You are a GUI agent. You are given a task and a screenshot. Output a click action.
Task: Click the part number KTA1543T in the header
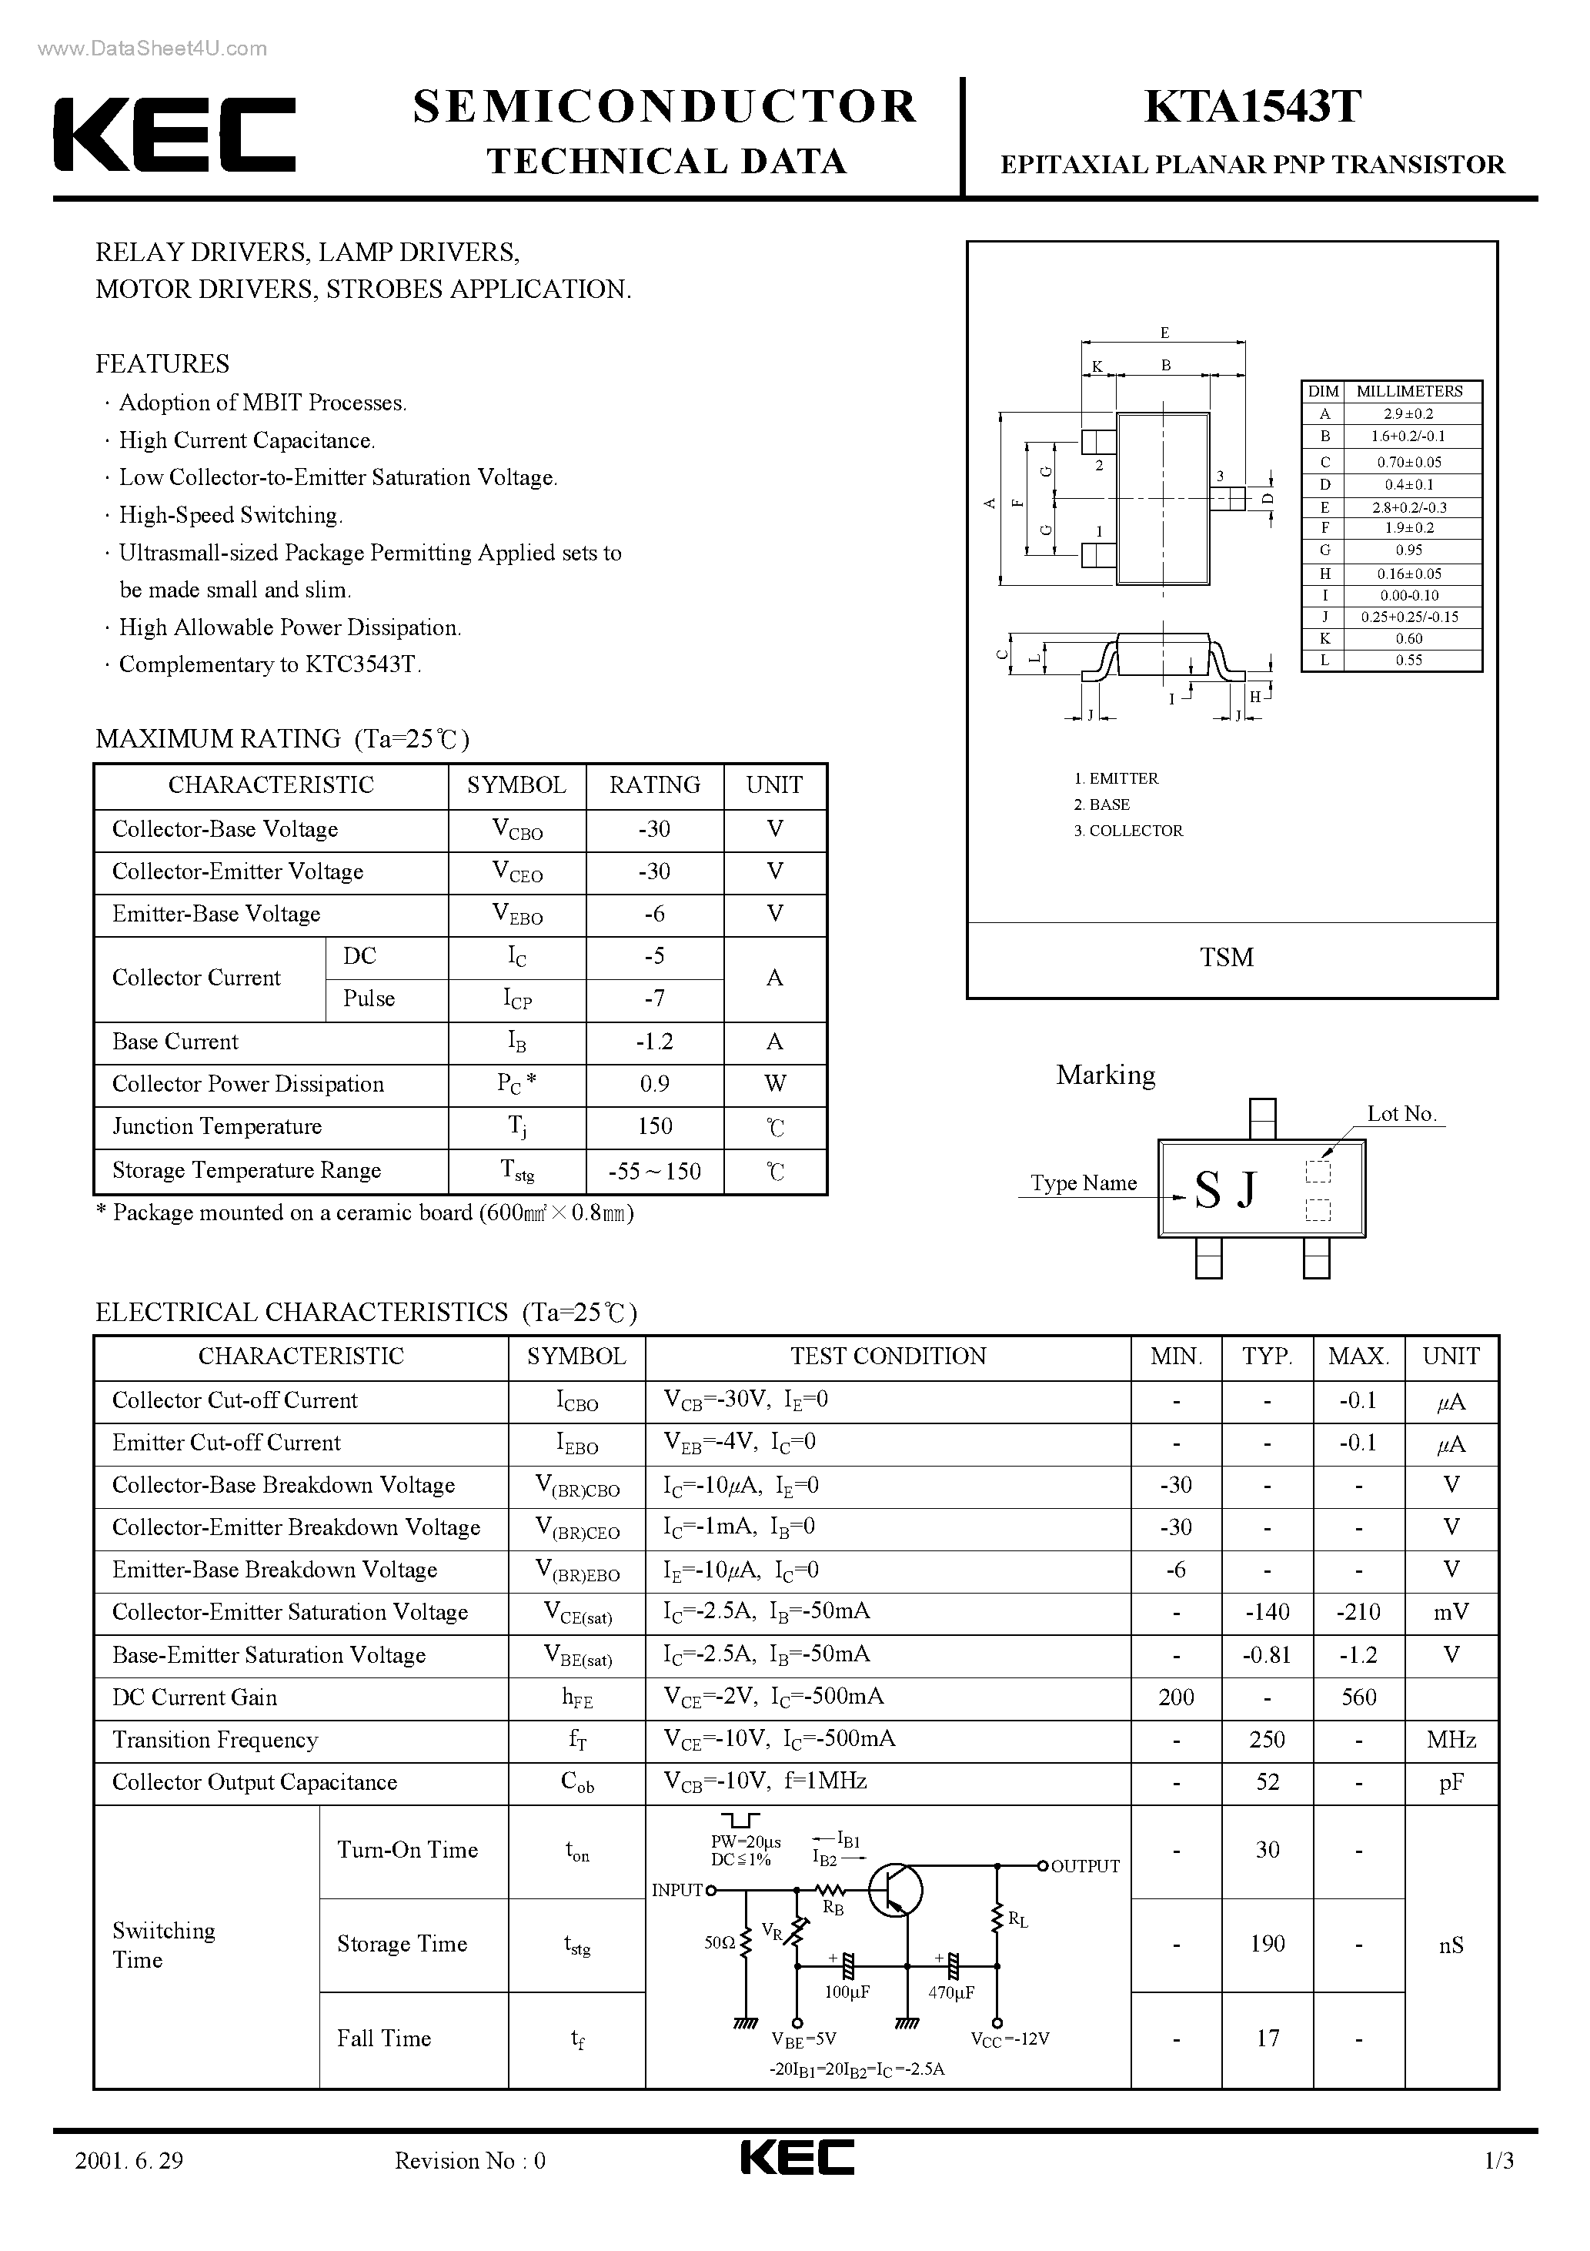click(x=1252, y=107)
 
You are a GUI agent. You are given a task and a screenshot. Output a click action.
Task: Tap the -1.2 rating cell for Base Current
click(x=654, y=1041)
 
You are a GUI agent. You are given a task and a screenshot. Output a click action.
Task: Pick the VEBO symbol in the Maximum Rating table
click(x=516, y=915)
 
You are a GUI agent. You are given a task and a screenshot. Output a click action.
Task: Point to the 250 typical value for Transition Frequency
click(x=1267, y=1740)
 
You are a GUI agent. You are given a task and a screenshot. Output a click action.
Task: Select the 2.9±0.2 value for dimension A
click(x=1408, y=413)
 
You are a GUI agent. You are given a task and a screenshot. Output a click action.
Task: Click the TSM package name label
click(x=1226, y=958)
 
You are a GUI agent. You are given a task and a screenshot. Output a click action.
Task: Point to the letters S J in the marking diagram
click(x=1225, y=1190)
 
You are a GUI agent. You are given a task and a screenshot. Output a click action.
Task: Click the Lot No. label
click(x=1401, y=1114)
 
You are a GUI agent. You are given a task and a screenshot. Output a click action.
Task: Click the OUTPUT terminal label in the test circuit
click(x=1084, y=1867)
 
